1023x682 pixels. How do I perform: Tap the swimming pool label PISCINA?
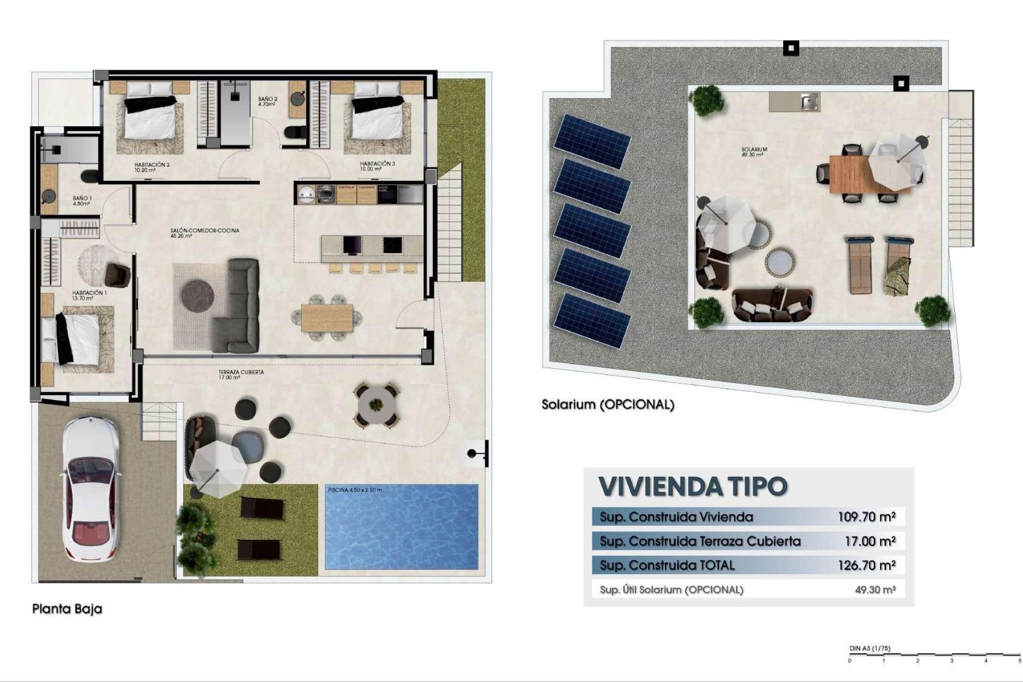point(355,490)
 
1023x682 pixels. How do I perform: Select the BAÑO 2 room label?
point(267,102)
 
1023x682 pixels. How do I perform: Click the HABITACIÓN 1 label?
point(89,295)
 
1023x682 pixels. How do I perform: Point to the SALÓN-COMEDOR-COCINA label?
point(205,233)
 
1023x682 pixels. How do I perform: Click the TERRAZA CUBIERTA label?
point(241,375)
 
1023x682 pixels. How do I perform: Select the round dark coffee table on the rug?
point(198,294)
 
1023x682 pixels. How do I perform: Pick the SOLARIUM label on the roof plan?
point(754,152)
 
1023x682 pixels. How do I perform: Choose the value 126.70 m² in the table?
point(866,565)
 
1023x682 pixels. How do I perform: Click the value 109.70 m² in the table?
point(866,516)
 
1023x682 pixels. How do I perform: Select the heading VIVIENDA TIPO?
point(693,486)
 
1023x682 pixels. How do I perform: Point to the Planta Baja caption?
point(67,609)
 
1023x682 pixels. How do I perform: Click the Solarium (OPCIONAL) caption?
point(608,404)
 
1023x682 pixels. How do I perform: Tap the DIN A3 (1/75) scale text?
point(870,648)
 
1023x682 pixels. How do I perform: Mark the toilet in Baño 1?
point(90,175)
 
